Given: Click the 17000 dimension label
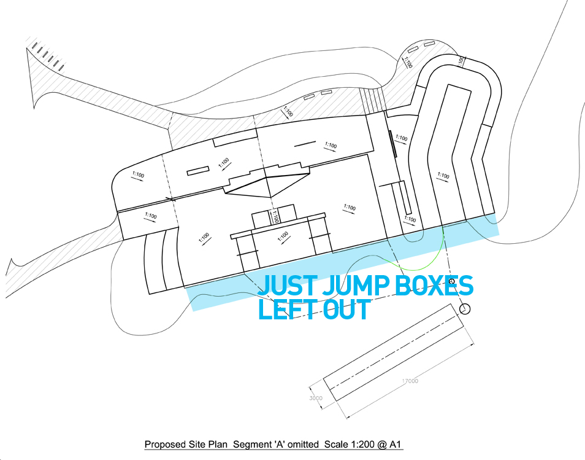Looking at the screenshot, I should pyautogui.click(x=410, y=381).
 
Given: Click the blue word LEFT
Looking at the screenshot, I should pyautogui.click(x=287, y=310).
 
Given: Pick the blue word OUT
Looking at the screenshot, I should pyautogui.click(x=347, y=310).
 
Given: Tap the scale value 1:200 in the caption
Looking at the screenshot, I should pyautogui.click(x=352, y=444).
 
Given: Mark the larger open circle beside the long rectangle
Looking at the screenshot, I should pyautogui.click(x=465, y=309).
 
